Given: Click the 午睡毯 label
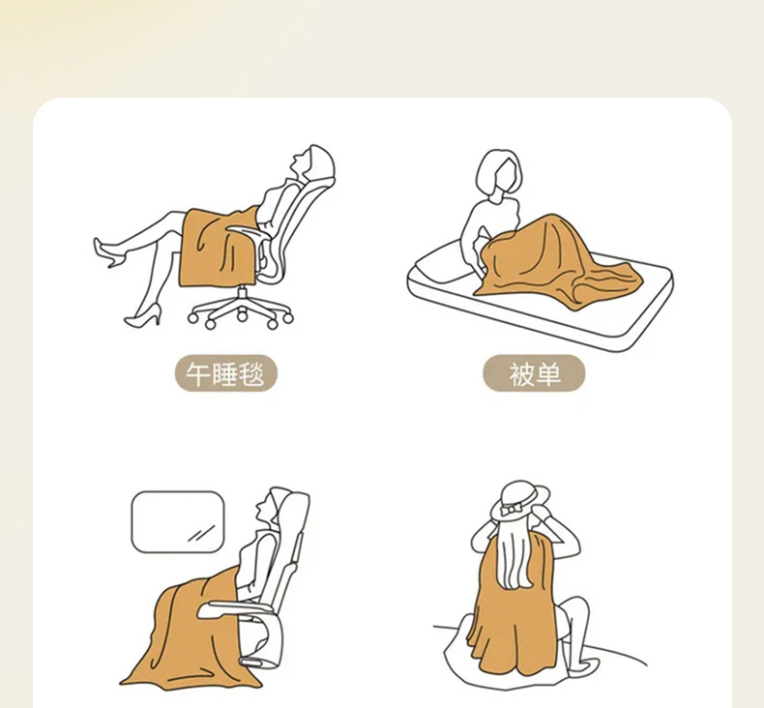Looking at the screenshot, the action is (x=225, y=373).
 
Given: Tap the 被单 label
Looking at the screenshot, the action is (x=534, y=373).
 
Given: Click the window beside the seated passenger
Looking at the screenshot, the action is (x=178, y=522).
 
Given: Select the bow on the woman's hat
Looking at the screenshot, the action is (x=512, y=510).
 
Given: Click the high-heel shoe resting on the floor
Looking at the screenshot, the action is (x=143, y=315).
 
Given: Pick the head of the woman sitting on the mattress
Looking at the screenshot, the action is (x=497, y=173).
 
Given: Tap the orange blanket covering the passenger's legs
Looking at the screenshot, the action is (x=190, y=634).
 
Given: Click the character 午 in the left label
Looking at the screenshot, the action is (x=197, y=374).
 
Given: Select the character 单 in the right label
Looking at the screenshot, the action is (x=547, y=374).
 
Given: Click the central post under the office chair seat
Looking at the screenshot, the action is (x=242, y=296).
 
